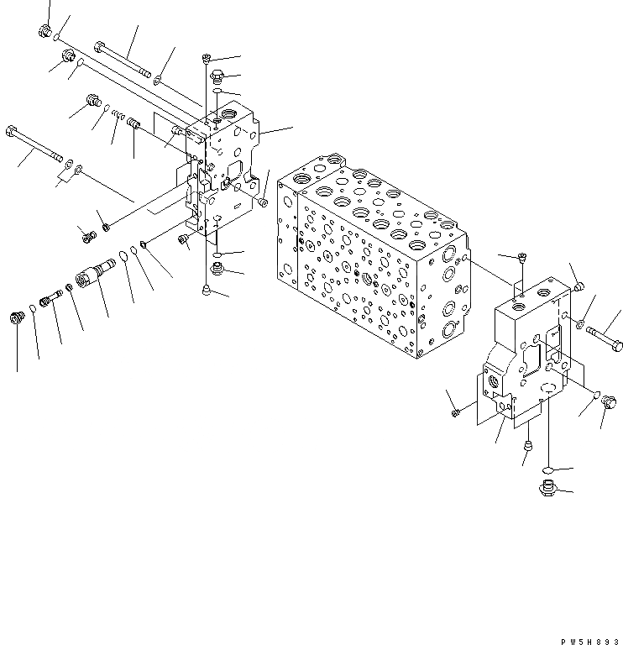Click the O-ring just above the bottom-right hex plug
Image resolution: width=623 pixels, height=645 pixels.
[546, 469]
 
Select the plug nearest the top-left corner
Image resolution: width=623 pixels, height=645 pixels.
[44, 32]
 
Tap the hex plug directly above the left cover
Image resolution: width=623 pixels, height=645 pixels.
[216, 77]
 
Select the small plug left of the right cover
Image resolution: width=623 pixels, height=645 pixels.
[455, 412]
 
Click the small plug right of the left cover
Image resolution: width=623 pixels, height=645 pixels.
[264, 202]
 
